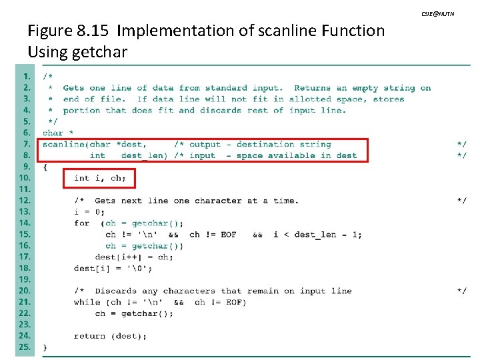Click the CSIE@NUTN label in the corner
pos(437,14)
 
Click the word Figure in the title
pos(50,31)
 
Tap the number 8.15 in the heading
pos(94,31)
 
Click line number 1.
pos(26,76)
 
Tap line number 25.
pos(25,347)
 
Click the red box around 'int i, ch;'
pos(99,178)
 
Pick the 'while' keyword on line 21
pos(87,302)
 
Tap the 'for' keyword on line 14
pos(82,223)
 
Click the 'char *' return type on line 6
pos(59,133)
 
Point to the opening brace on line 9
pos(45,167)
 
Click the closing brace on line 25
pos(45,347)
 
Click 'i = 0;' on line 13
pos(90,212)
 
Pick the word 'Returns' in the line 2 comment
pos(312,87)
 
